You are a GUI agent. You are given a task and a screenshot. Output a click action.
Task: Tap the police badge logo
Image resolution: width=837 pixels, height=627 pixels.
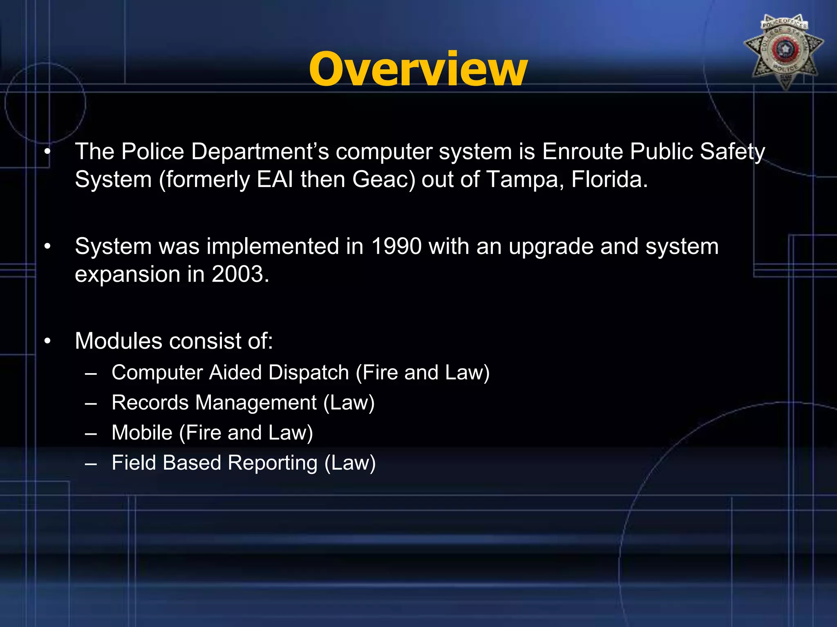click(x=783, y=51)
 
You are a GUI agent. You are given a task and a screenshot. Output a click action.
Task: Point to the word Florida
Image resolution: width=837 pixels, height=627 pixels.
click(x=609, y=180)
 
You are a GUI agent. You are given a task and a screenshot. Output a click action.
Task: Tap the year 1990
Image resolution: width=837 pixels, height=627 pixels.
click(x=396, y=247)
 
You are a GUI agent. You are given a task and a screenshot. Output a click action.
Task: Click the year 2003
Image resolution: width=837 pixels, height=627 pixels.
click(x=240, y=274)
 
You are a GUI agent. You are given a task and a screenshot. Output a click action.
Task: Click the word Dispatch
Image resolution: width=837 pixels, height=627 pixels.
click(x=309, y=373)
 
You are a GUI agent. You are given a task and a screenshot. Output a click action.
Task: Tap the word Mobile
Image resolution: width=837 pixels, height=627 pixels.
click(x=142, y=433)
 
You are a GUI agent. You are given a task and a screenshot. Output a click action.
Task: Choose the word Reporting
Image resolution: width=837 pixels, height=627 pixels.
click(x=272, y=463)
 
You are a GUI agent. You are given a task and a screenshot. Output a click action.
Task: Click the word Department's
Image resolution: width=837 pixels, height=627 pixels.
click(x=260, y=152)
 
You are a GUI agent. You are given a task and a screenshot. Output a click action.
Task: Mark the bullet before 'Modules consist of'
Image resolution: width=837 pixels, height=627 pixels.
click(x=48, y=342)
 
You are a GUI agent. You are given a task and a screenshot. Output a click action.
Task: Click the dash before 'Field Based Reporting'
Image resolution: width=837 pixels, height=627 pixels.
click(x=91, y=464)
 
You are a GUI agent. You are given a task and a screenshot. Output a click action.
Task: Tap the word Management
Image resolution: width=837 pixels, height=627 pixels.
click(x=256, y=403)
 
